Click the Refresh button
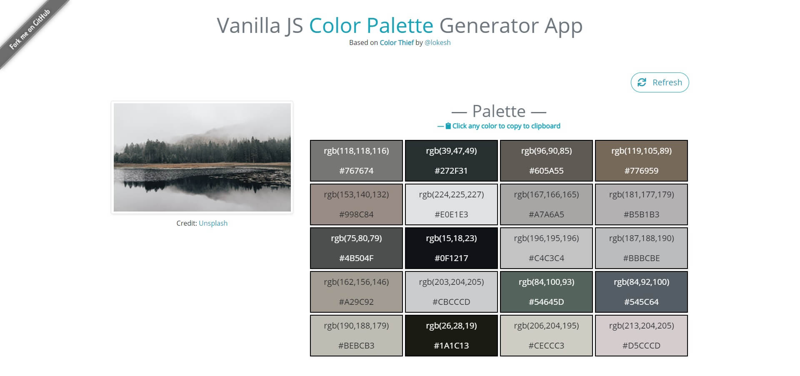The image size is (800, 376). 660,82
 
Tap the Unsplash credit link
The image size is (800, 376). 213,223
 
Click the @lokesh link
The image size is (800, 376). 437,42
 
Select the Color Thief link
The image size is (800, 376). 396,42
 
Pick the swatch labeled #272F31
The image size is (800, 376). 451,161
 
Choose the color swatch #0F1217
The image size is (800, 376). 451,248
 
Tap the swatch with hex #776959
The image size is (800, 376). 641,161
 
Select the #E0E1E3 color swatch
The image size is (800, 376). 451,204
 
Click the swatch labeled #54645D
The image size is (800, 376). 546,292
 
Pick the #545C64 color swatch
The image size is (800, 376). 641,292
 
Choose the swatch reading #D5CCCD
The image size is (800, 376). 641,336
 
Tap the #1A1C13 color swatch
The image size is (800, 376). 451,336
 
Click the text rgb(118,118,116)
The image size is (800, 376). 356,151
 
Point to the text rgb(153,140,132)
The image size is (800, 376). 356,194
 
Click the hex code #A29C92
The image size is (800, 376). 356,302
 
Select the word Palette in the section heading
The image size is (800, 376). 499,111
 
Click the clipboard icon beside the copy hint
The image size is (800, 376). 448,126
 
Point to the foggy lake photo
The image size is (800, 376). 202,157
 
